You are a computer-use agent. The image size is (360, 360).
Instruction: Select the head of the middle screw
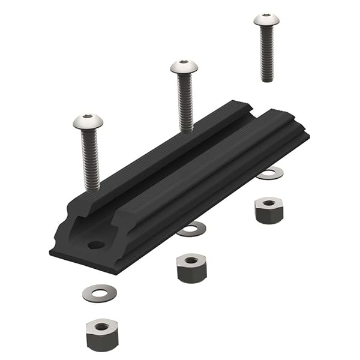pos(184,67)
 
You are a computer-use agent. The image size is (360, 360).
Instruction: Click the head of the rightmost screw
pos(266,20)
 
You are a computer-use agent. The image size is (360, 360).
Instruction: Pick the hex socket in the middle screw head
pos(184,64)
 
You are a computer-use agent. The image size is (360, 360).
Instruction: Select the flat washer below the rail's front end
pos(100,292)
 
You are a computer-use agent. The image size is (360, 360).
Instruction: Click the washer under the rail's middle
pos(191,229)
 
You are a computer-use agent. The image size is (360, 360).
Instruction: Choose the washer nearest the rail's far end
pos(270,173)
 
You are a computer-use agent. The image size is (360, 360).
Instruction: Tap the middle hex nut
pos(191,267)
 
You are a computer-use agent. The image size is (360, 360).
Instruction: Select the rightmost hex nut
pos(268,210)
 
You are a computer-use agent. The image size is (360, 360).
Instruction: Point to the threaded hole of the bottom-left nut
pos(102,326)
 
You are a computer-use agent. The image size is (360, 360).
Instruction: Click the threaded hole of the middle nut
pos(191,260)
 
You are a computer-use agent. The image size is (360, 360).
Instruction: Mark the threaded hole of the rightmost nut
pos(268,203)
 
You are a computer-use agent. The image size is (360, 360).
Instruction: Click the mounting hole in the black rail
pos(95,245)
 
